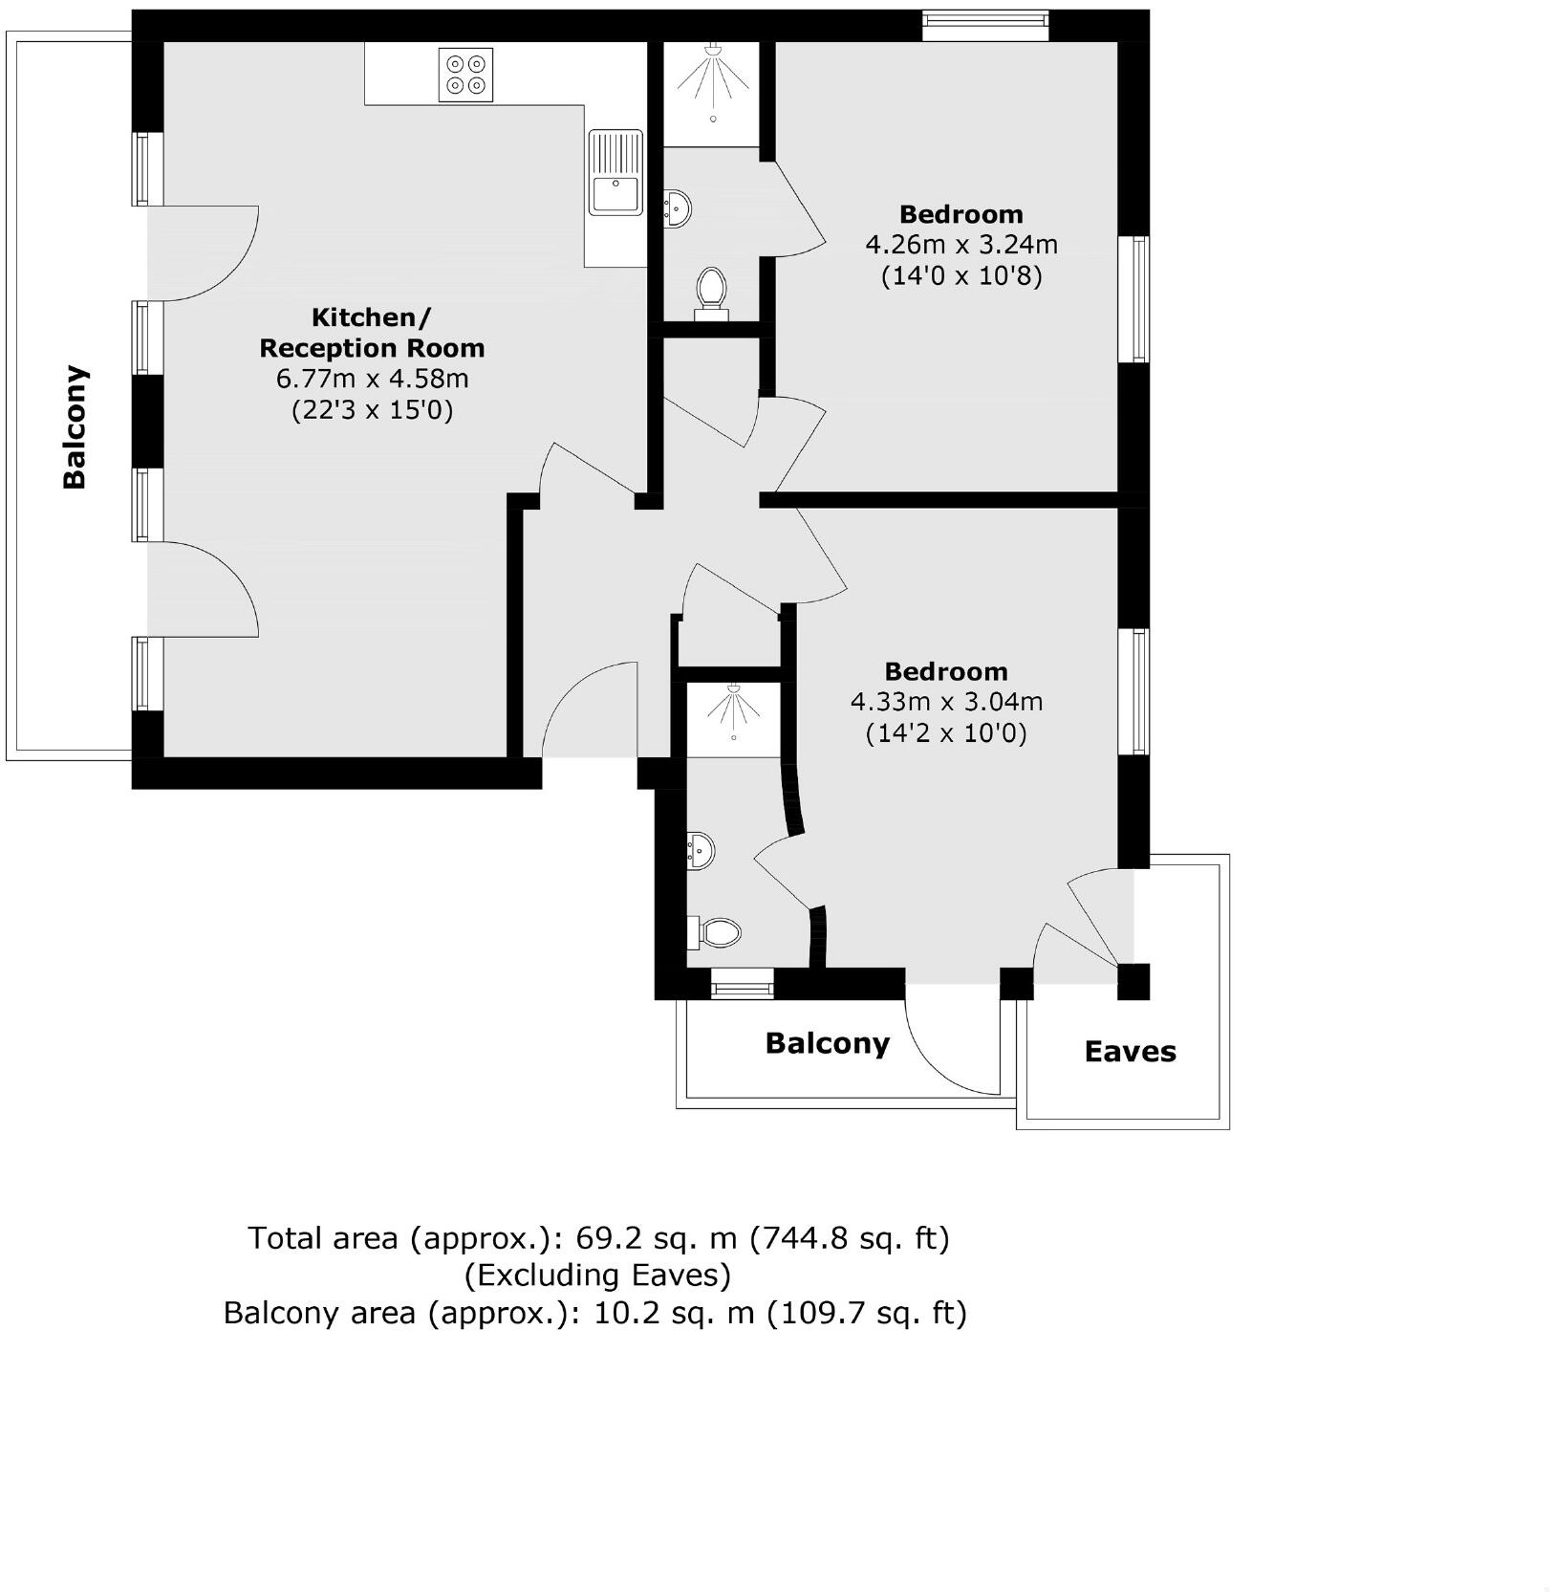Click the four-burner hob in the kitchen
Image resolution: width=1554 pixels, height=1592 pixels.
[x=465, y=75]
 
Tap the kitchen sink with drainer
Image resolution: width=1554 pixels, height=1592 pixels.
[x=615, y=173]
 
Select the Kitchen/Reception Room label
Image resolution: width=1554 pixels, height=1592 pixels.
[x=372, y=332]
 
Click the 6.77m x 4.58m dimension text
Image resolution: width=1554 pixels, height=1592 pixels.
[x=372, y=379]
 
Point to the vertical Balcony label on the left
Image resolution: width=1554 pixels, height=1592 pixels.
[x=75, y=426]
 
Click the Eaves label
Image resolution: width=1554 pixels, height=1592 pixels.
[x=1130, y=1052]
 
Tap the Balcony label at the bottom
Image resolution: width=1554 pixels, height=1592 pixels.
[x=827, y=1043]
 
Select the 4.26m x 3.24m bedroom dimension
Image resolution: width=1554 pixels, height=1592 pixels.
[x=960, y=245]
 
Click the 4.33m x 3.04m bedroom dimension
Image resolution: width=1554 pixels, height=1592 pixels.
[x=946, y=702]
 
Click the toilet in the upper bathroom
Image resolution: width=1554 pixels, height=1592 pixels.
[x=711, y=290]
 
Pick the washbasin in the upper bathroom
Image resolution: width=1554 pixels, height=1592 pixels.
[x=678, y=207]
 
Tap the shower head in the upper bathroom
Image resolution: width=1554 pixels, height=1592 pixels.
[x=713, y=50]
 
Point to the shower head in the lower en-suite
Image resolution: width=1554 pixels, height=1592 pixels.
[x=733, y=689]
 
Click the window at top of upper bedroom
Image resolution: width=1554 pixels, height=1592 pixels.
[x=984, y=25]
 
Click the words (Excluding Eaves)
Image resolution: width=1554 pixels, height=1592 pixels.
[x=597, y=1275]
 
